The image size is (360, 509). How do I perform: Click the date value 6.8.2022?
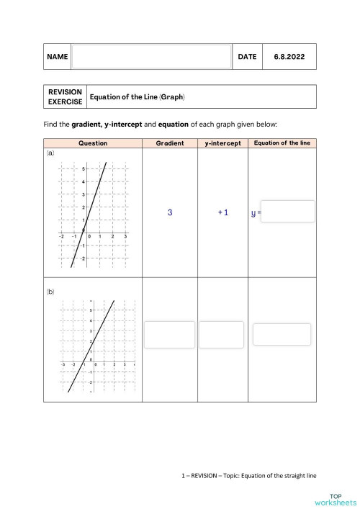coord(288,56)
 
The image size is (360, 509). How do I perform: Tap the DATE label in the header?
coord(246,56)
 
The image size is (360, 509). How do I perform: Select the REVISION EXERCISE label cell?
coord(65,96)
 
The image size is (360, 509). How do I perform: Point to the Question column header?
coord(93,143)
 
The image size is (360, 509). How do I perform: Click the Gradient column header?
coord(169,143)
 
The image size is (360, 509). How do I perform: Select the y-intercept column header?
coord(222,143)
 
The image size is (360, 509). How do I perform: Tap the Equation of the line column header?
coord(282,143)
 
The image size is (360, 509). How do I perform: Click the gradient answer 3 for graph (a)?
coord(170,212)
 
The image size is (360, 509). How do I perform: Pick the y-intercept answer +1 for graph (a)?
coord(222,212)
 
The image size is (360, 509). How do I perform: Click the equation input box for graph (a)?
coord(288,212)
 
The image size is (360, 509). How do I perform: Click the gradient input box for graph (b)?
coord(170,334)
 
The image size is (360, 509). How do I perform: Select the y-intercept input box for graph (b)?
coord(222,334)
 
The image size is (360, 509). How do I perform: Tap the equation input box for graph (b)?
coord(282,334)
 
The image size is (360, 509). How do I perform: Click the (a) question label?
coord(50,153)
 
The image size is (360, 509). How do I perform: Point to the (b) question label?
coord(50,292)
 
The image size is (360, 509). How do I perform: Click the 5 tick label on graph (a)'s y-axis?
coord(84,168)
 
